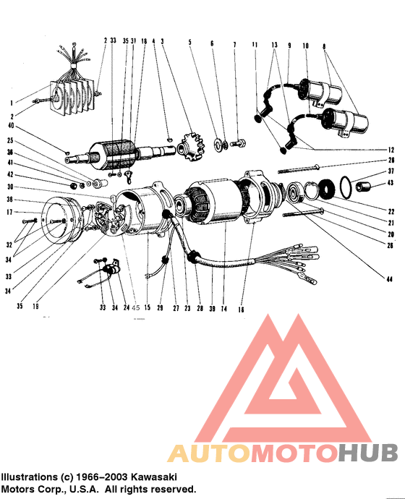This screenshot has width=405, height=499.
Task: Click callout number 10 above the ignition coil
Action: coord(306,45)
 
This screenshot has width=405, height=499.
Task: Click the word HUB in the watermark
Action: coord(368,453)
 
